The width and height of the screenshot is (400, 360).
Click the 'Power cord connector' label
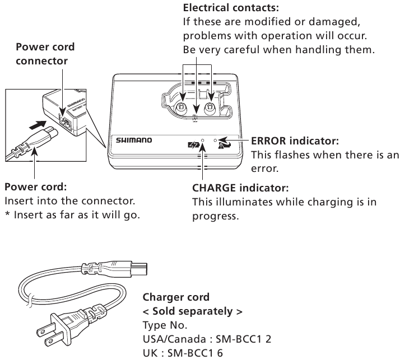[45, 54]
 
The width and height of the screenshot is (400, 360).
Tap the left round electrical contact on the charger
[182, 107]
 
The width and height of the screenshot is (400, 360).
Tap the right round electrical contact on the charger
[211, 107]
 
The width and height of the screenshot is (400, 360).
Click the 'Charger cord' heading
[176, 297]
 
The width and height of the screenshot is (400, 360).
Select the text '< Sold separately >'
[192, 311]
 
